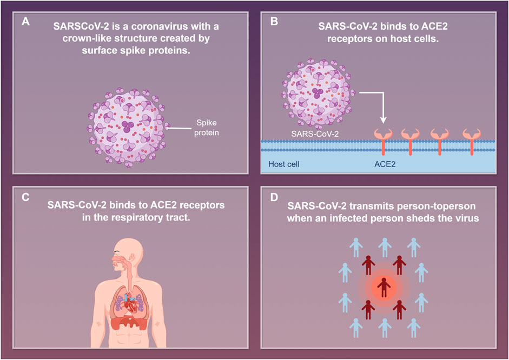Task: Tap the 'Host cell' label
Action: point(285,163)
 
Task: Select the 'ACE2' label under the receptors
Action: point(385,163)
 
